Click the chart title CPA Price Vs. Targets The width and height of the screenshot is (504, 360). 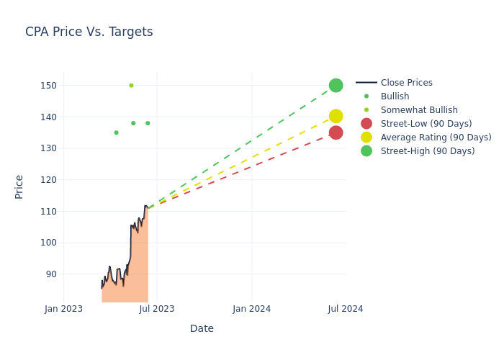point(89,32)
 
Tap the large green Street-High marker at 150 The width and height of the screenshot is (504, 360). point(336,86)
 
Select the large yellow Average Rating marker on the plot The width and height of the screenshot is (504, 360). point(336,116)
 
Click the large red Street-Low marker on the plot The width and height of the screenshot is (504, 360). point(336,132)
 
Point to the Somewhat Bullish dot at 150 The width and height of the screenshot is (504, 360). point(131,86)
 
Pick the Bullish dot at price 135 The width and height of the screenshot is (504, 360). point(117,132)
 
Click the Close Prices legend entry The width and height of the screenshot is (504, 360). point(395,83)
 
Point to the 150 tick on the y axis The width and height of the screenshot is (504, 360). point(48,86)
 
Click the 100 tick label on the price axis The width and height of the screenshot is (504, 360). point(48,243)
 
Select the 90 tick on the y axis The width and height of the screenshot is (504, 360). point(51,274)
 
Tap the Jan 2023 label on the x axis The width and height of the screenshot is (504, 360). point(63,309)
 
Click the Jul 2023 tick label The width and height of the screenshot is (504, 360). point(157,309)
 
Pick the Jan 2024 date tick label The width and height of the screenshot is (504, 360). point(252,309)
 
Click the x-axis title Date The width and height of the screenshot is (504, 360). point(202,328)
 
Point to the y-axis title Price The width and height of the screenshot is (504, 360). point(19,187)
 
